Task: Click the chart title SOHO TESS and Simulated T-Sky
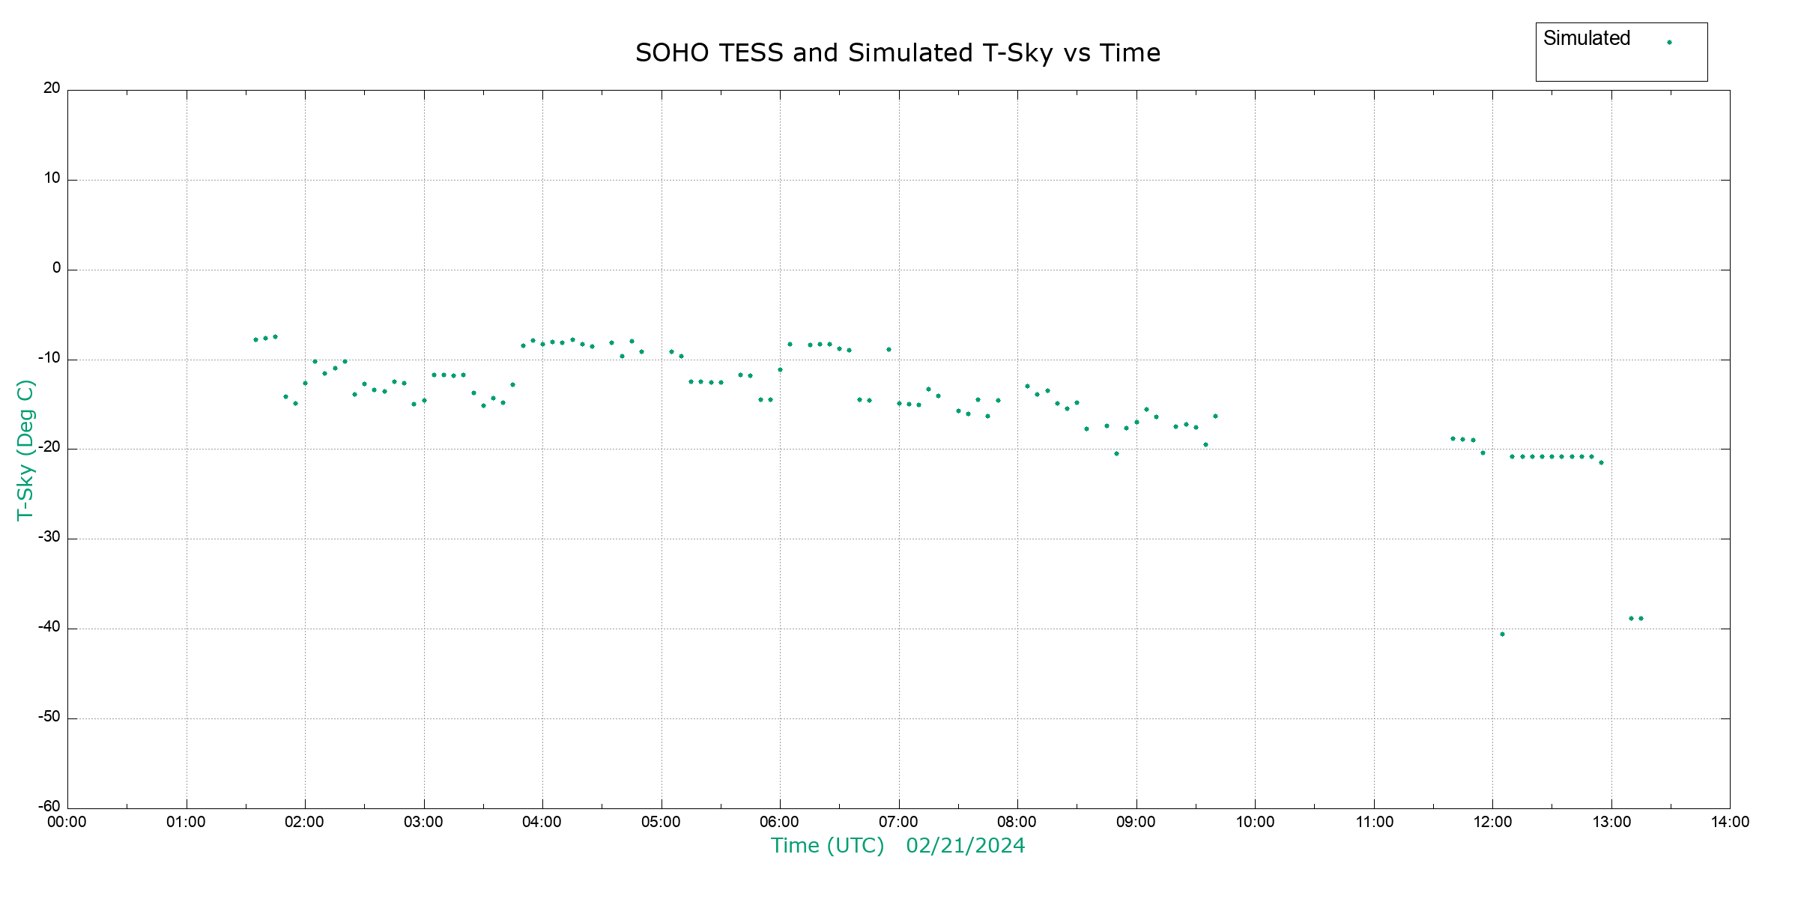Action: click(x=898, y=53)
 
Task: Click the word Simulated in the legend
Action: click(x=1586, y=38)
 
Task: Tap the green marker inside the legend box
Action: click(x=1669, y=42)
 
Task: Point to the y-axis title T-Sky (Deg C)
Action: click(x=25, y=449)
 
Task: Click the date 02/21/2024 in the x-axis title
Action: click(x=965, y=846)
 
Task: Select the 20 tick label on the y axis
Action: click(x=52, y=88)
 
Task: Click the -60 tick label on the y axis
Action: click(x=49, y=807)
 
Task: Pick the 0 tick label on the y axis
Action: click(x=56, y=268)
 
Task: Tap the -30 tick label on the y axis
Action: click(x=49, y=537)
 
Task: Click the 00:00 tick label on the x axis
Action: click(x=67, y=823)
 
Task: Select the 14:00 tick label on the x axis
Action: click(x=1730, y=823)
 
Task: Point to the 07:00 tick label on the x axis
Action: click(x=898, y=823)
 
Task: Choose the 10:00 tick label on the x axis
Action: click(x=1255, y=823)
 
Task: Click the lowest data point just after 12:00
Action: click(x=1502, y=635)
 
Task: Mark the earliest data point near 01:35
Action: click(x=255, y=339)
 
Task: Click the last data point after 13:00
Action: click(x=1641, y=619)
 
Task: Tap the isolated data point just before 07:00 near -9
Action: click(x=889, y=349)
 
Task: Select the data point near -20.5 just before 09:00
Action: click(x=1116, y=453)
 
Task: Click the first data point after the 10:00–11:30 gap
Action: click(x=1453, y=439)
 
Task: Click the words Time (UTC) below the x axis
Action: click(x=827, y=846)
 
